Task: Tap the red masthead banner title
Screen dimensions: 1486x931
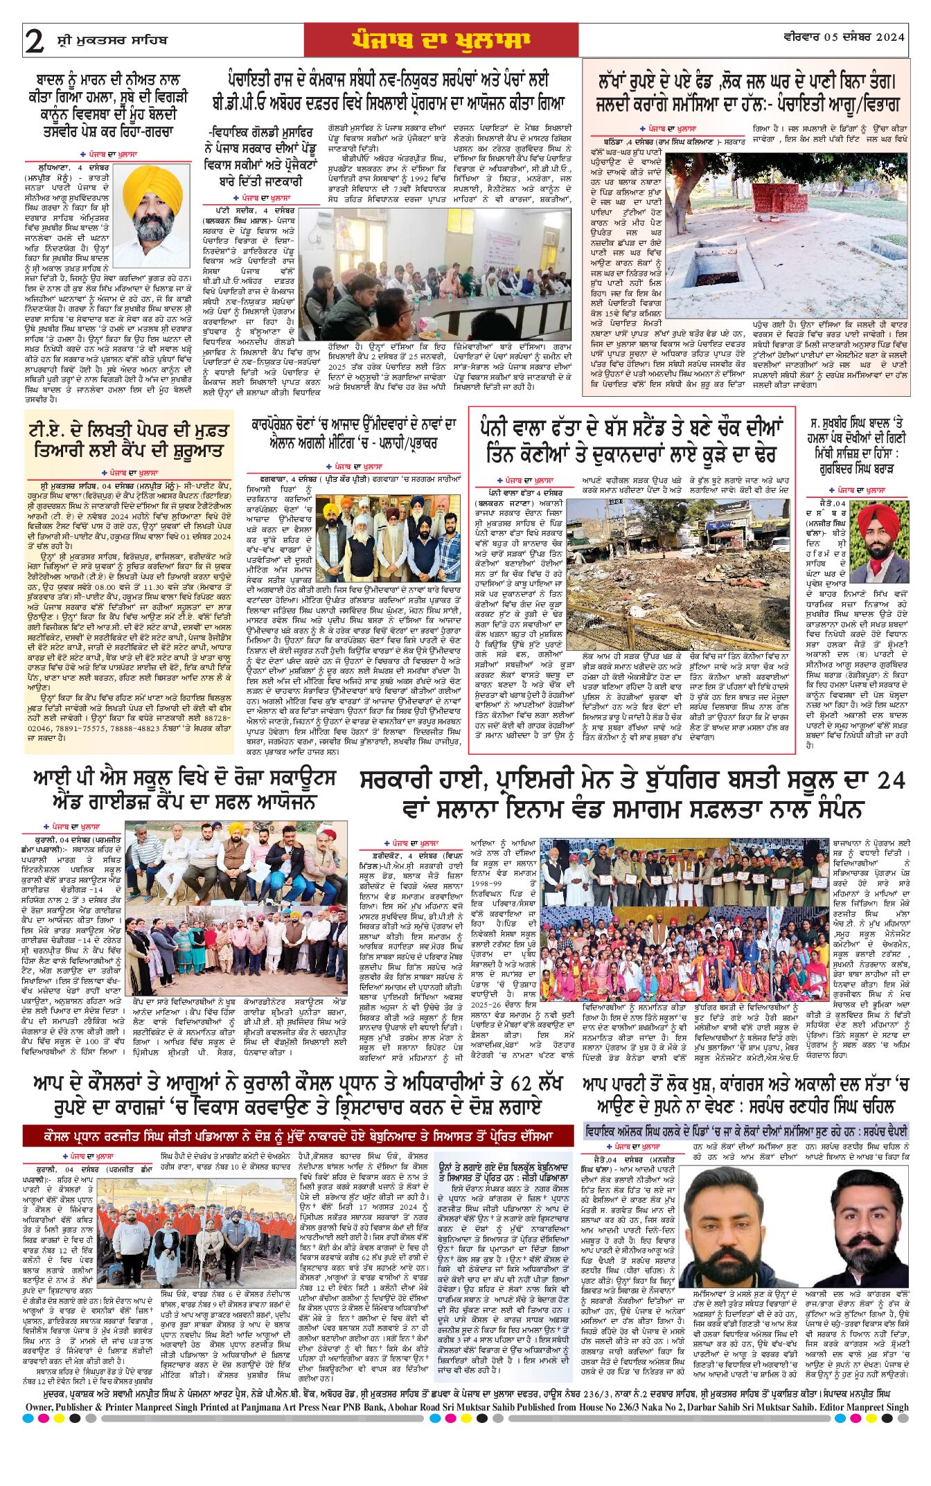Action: [x=441, y=40]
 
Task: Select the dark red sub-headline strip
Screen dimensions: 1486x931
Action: [x=298, y=1136]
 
